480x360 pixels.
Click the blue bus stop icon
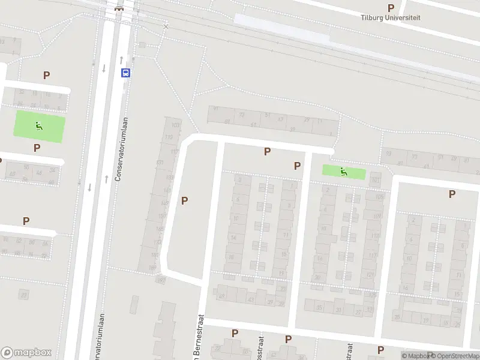[126, 73]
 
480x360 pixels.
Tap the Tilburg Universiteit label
[390, 17]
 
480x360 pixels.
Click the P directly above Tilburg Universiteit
[391, 8]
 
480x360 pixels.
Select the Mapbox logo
[26, 353]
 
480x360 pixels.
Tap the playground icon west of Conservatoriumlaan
[39, 126]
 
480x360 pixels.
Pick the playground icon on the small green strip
[343, 172]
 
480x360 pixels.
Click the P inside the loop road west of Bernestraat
[184, 200]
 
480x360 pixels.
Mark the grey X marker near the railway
[166, 27]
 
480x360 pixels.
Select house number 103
[176, 125]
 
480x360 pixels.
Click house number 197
[160, 280]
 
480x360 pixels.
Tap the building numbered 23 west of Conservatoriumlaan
[24, 295]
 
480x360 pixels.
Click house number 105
[379, 197]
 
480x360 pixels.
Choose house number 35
[319, 308]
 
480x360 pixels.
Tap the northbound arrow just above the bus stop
[121, 59]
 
